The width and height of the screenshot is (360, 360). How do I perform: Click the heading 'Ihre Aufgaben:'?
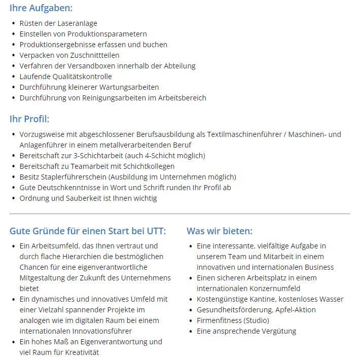pos(41,8)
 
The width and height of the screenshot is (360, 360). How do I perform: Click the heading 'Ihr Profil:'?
pos(29,119)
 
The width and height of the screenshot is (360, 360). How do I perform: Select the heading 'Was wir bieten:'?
pos(219,231)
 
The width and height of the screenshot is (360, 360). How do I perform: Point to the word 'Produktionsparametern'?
pos(106,34)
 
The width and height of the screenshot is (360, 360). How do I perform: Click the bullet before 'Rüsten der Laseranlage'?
pos(13,23)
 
